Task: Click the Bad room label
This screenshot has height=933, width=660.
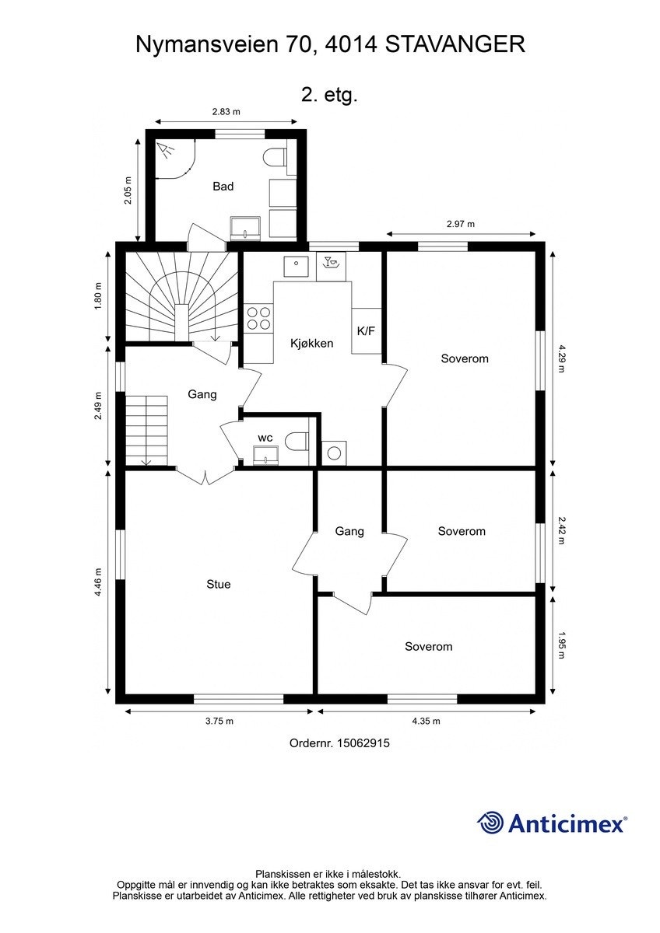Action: coord(223,187)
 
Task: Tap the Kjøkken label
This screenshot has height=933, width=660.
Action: coord(311,343)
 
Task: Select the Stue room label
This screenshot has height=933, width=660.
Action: coord(218,585)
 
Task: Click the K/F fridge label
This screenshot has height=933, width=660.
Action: coord(366,331)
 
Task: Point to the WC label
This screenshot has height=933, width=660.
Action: coord(265,438)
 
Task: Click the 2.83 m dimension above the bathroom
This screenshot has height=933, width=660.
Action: coord(226,112)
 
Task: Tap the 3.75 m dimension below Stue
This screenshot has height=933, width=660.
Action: coord(219,721)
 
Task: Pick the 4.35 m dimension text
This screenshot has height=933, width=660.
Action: coord(426,721)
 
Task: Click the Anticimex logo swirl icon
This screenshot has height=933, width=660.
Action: coord(490,823)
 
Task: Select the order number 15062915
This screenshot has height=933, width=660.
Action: coord(362,743)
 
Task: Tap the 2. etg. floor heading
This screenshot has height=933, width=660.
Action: coord(329,96)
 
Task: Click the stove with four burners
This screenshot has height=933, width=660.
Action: coord(258,319)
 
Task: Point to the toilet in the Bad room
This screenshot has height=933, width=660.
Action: coord(274,157)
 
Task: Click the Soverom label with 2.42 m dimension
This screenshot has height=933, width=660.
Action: coord(462,532)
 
